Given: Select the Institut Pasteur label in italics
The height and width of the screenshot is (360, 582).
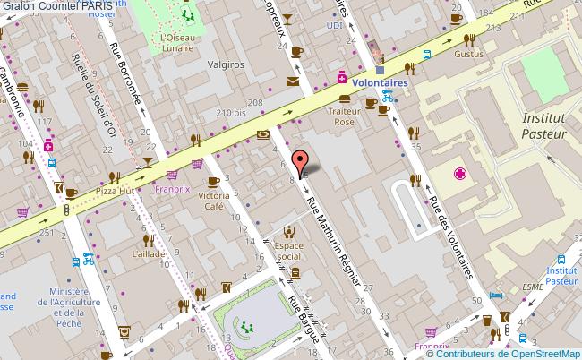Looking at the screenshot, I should coord(544,126).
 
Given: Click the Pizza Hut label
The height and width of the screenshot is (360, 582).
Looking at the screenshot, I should coord(114,192).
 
